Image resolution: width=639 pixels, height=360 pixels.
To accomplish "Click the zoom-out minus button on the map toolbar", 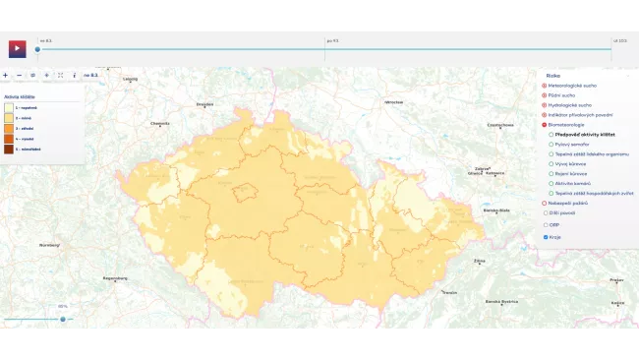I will coord(19,75).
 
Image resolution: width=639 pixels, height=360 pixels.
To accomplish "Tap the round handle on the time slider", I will coord(37,49).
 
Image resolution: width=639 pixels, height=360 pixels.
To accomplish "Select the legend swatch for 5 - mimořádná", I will coord(9,149).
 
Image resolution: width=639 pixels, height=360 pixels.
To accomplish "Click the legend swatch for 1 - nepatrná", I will coord(9,107).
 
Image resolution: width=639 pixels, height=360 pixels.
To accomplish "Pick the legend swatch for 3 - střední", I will coord(9,128).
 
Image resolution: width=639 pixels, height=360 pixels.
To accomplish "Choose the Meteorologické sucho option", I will coord(544,86).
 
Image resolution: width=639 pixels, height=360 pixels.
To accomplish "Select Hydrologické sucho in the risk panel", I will coord(544,104).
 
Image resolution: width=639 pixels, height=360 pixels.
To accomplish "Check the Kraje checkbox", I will coord(546,237).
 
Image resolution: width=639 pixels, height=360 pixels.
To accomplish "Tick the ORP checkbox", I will coord(546,224).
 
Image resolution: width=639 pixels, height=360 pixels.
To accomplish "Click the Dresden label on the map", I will coord(204,103).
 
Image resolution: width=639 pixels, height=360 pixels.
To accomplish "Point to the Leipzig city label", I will coord(130,79).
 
